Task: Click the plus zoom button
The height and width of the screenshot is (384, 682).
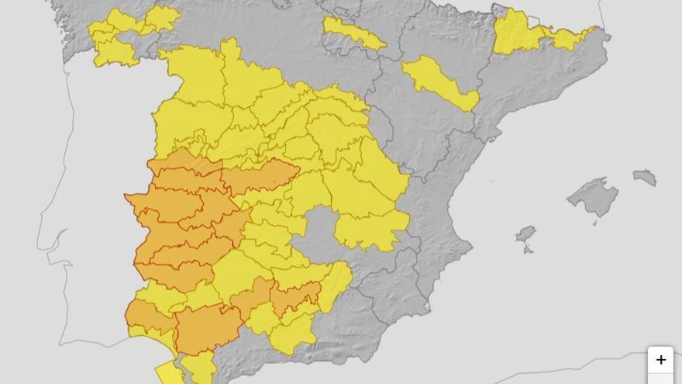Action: [660, 360]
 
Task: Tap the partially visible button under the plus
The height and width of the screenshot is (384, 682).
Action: [660, 379]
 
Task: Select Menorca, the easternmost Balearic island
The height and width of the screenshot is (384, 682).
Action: [645, 177]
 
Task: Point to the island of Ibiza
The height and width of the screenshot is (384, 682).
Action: [526, 234]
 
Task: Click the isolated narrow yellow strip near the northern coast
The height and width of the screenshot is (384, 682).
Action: [353, 33]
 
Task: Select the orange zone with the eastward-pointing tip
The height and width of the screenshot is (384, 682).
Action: [260, 177]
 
